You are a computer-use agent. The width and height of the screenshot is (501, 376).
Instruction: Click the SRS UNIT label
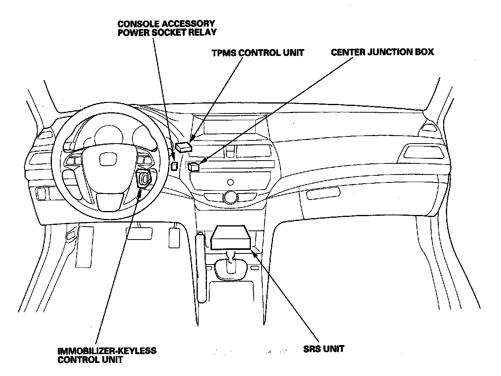323,349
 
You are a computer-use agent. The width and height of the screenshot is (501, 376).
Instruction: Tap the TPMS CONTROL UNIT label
258,52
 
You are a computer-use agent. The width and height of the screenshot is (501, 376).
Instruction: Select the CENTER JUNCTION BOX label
382,52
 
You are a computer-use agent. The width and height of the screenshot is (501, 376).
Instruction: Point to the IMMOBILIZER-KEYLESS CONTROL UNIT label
107,355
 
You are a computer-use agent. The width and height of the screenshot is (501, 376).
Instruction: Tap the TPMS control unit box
183,147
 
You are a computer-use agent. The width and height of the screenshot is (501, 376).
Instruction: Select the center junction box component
194,167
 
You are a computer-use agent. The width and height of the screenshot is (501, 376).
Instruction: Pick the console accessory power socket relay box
174,165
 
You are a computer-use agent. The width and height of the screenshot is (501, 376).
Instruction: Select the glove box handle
323,194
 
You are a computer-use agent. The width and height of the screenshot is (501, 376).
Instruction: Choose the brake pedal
139,233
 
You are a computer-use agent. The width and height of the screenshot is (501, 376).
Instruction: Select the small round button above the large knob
229,182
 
